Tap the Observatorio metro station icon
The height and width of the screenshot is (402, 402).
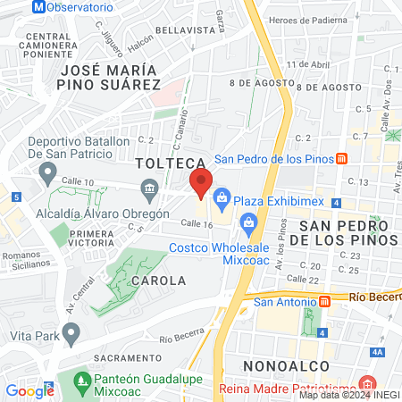(12, 5)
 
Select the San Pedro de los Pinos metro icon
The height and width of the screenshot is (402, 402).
(341, 159)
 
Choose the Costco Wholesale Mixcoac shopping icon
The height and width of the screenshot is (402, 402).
(248, 222)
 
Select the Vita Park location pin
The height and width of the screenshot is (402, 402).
(71, 331)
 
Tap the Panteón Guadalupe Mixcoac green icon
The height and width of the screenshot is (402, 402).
(82, 379)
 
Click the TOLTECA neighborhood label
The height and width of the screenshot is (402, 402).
(164, 164)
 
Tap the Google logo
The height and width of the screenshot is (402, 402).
(29, 390)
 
